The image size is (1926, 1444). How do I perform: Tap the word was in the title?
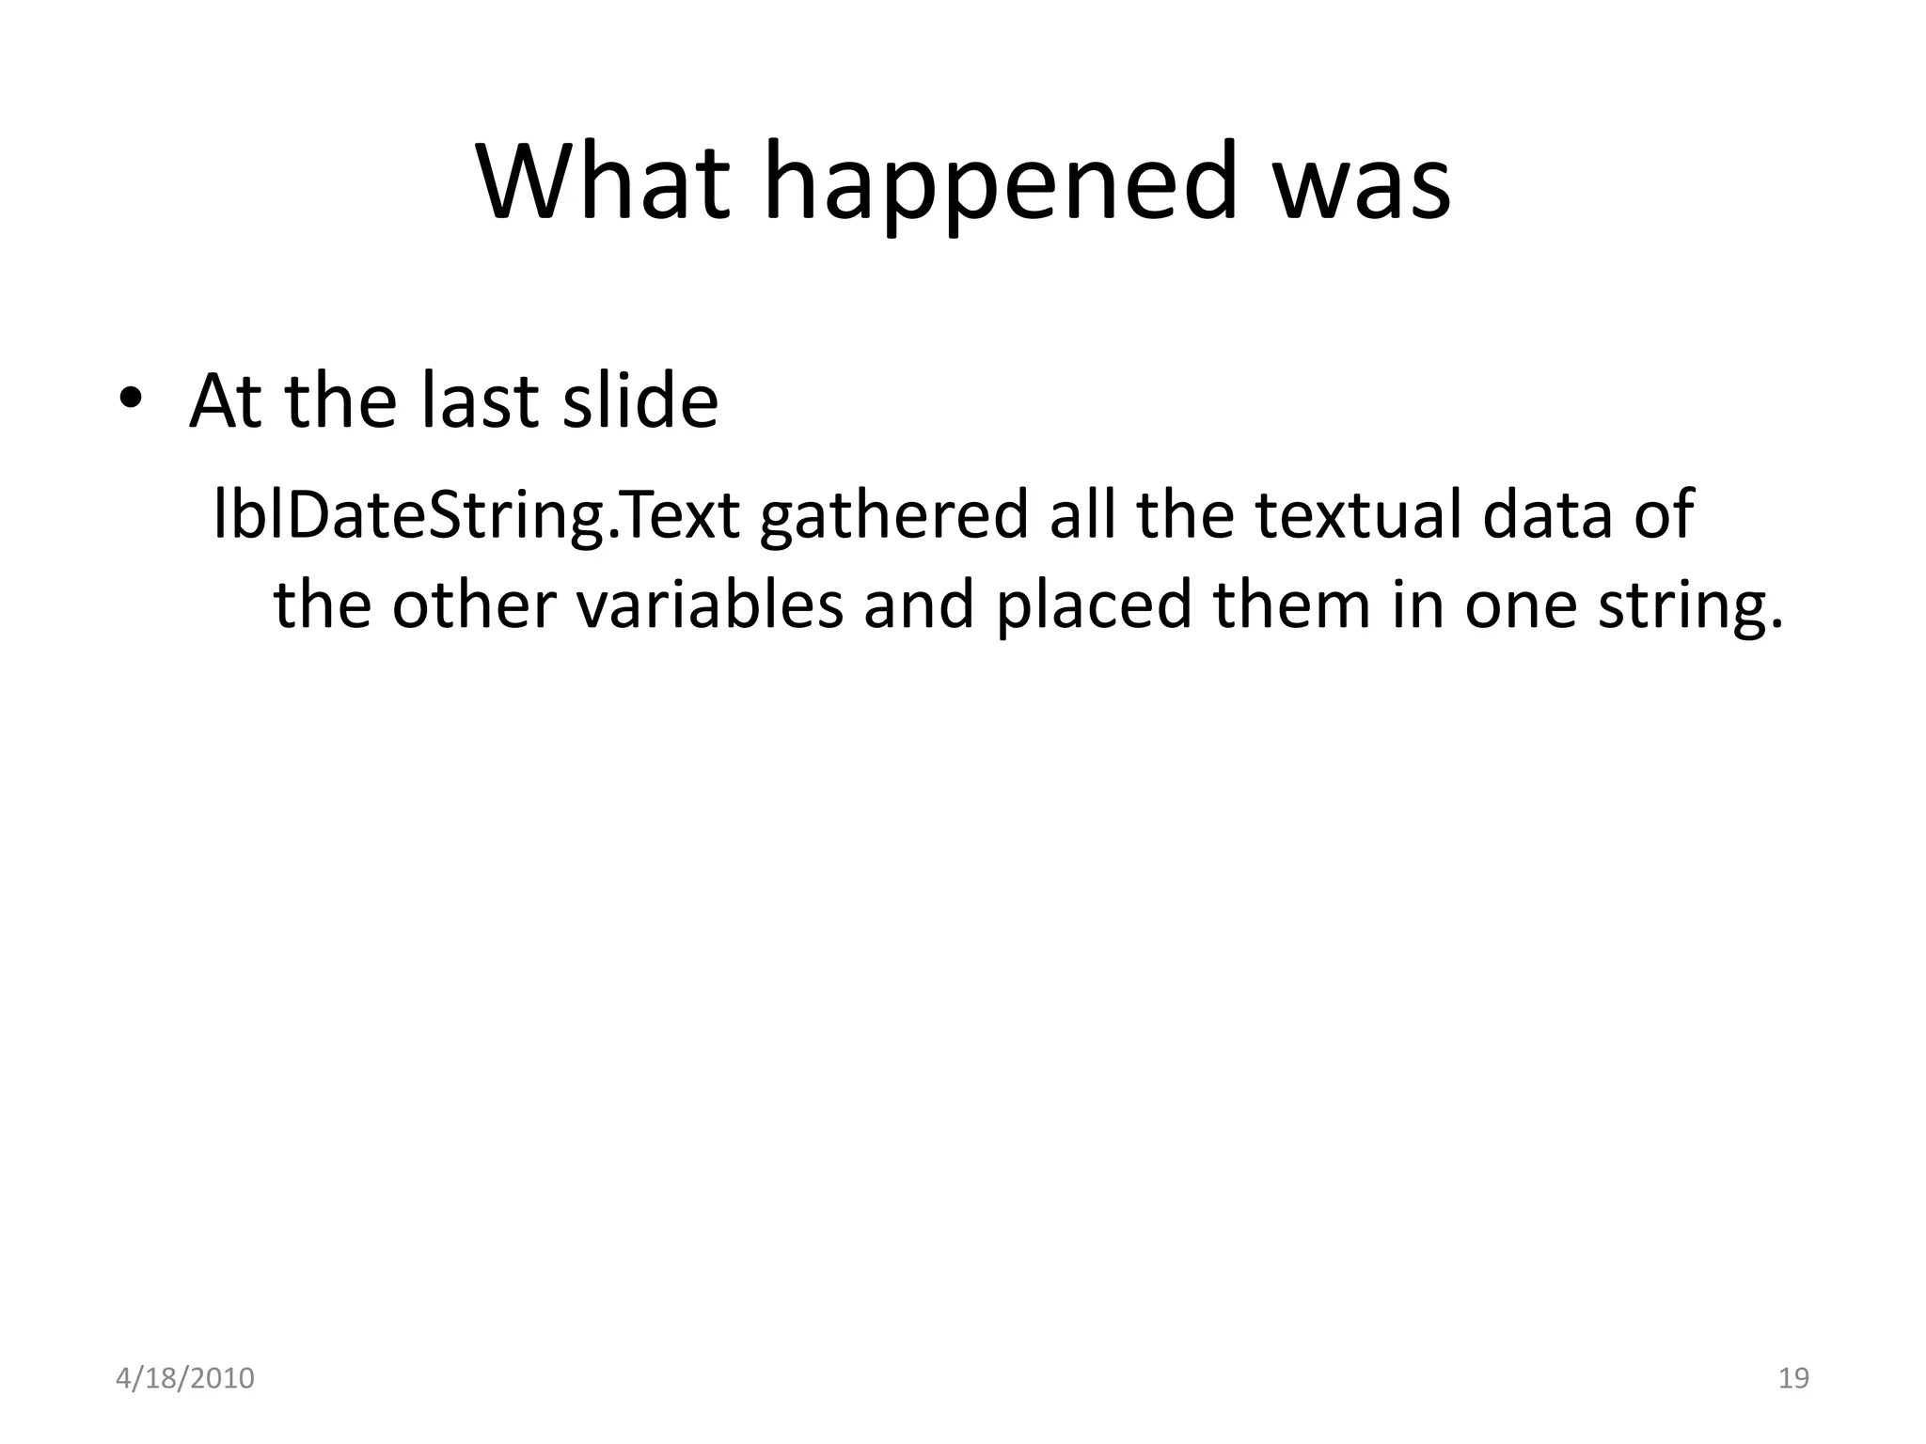(x=1360, y=182)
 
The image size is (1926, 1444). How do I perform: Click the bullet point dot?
(x=131, y=400)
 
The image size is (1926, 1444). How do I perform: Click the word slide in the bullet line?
(x=639, y=401)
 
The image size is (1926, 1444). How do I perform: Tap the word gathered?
(x=893, y=517)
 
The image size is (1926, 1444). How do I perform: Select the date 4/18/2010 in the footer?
(x=185, y=1378)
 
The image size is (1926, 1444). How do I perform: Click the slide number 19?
(x=1794, y=1378)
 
